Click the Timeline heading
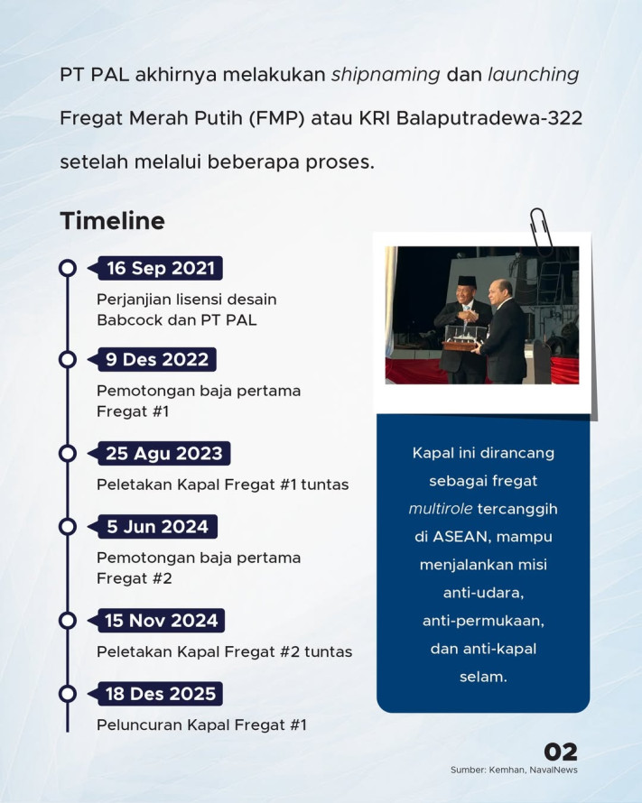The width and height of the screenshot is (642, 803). coord(112,221)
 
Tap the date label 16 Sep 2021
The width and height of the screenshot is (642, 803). coord(160,269)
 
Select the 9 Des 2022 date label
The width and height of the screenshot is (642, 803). coord(157,360)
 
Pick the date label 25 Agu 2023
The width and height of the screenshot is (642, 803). coord(163,453)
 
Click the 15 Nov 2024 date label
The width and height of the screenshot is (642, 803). coord(162,621)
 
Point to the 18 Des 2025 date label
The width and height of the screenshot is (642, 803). coord(161,694)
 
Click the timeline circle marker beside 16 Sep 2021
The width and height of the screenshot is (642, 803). coord(67,269)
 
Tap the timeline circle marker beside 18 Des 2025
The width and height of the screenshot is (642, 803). coord(67,694)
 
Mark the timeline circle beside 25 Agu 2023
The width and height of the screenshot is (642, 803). coord(67,453)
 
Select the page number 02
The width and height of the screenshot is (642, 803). coord(561,752)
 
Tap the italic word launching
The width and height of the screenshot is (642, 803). coord(533,75)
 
